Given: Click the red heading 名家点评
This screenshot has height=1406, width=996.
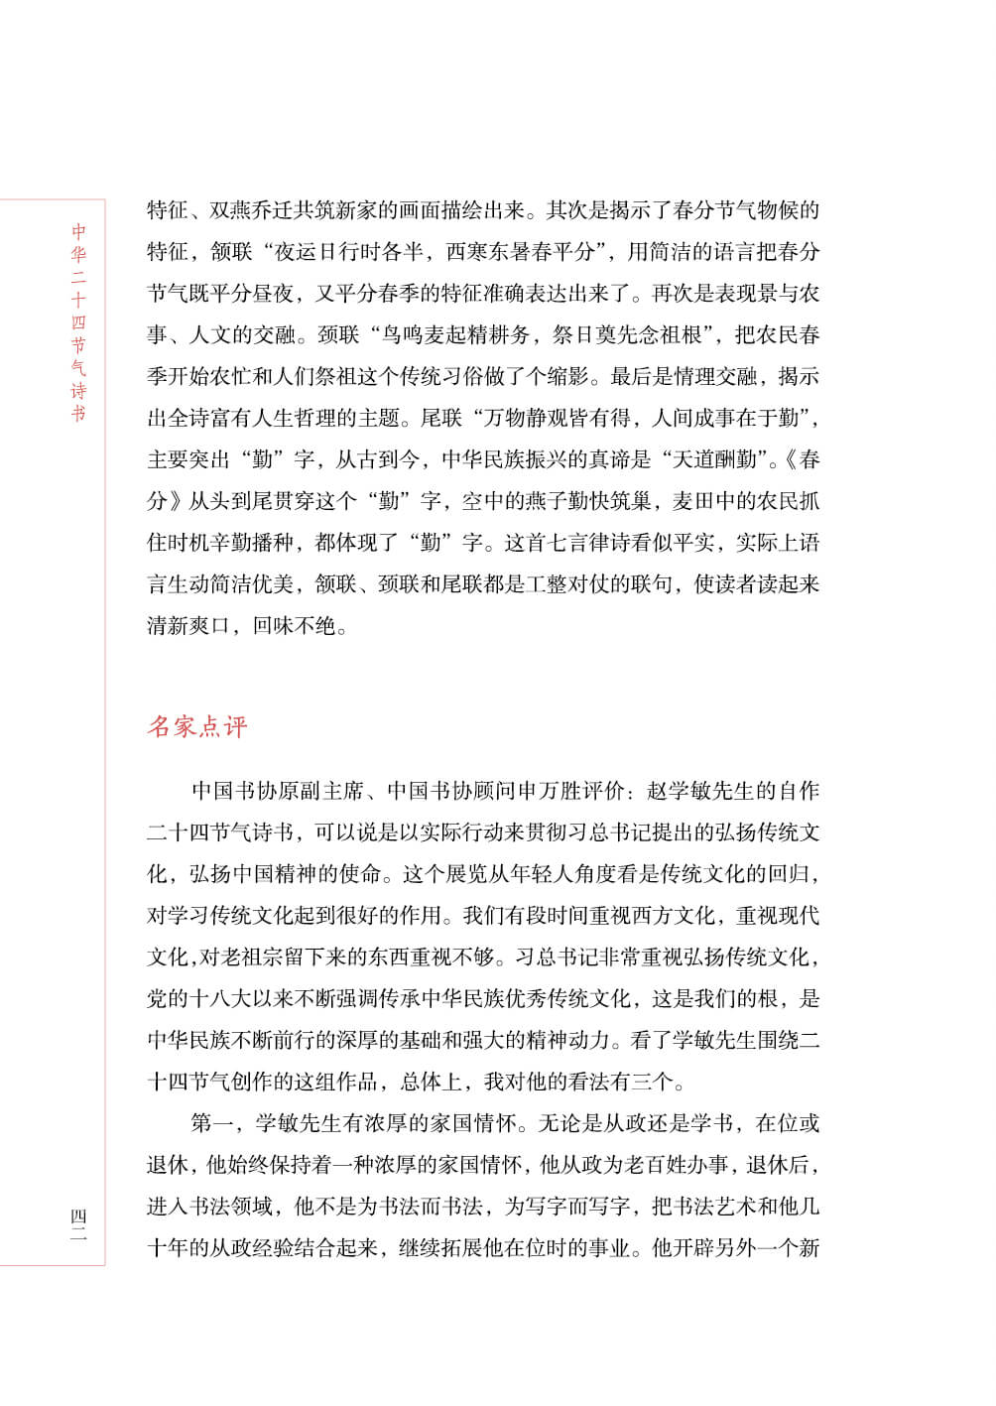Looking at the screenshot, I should click(x=197, y=727).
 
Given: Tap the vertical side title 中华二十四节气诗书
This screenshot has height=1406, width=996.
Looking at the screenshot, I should click(x=79, y=322).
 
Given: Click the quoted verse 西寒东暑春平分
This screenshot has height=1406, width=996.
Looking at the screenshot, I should click(x=520, y=252).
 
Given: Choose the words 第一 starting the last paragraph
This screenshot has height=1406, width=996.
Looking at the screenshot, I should click(x=212, y=1124).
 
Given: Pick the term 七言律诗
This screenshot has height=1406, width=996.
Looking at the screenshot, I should click(x=603, y=544).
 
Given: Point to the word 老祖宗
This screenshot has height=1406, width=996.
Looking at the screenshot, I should click(x=261, y=958).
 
